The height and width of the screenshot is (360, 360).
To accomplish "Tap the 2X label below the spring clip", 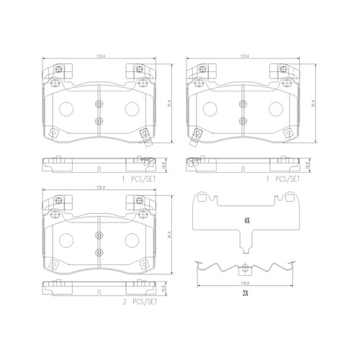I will tap(246, 295).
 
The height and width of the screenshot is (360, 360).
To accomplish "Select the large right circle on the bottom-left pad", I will tap(132, 243).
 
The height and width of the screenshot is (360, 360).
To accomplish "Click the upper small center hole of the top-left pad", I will tap(99, 104).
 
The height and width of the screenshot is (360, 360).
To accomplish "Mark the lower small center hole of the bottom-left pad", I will tap(99, 253).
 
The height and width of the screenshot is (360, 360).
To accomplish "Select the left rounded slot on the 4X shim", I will tap(207, 199).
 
